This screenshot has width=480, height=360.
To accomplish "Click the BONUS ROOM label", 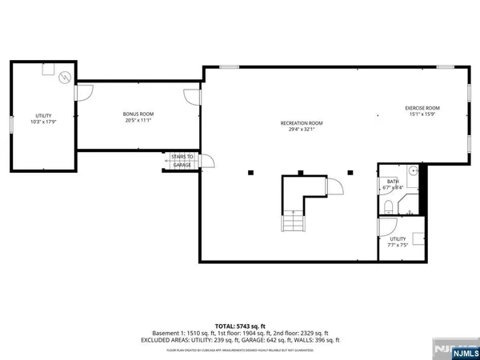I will click(138, 118).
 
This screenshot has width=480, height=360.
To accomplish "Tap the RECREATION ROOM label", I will click(301, 126).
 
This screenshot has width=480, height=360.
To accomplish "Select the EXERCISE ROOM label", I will click(422, 111).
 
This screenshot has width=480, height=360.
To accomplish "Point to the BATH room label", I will click(394, 185).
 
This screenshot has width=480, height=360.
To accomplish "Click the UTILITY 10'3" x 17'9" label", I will click(43, 118).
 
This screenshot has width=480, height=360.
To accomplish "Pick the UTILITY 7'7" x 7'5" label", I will click(398, 242).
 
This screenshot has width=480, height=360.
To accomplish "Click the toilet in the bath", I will click(387, 206).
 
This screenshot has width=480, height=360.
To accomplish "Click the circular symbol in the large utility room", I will click(64, 78).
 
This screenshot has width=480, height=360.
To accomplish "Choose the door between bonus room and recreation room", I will click(194, 97).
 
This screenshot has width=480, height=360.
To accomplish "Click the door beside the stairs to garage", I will click(206, 160).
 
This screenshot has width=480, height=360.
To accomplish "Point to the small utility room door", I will click(385, 226).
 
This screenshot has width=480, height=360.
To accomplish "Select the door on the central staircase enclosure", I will click(336, 187).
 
